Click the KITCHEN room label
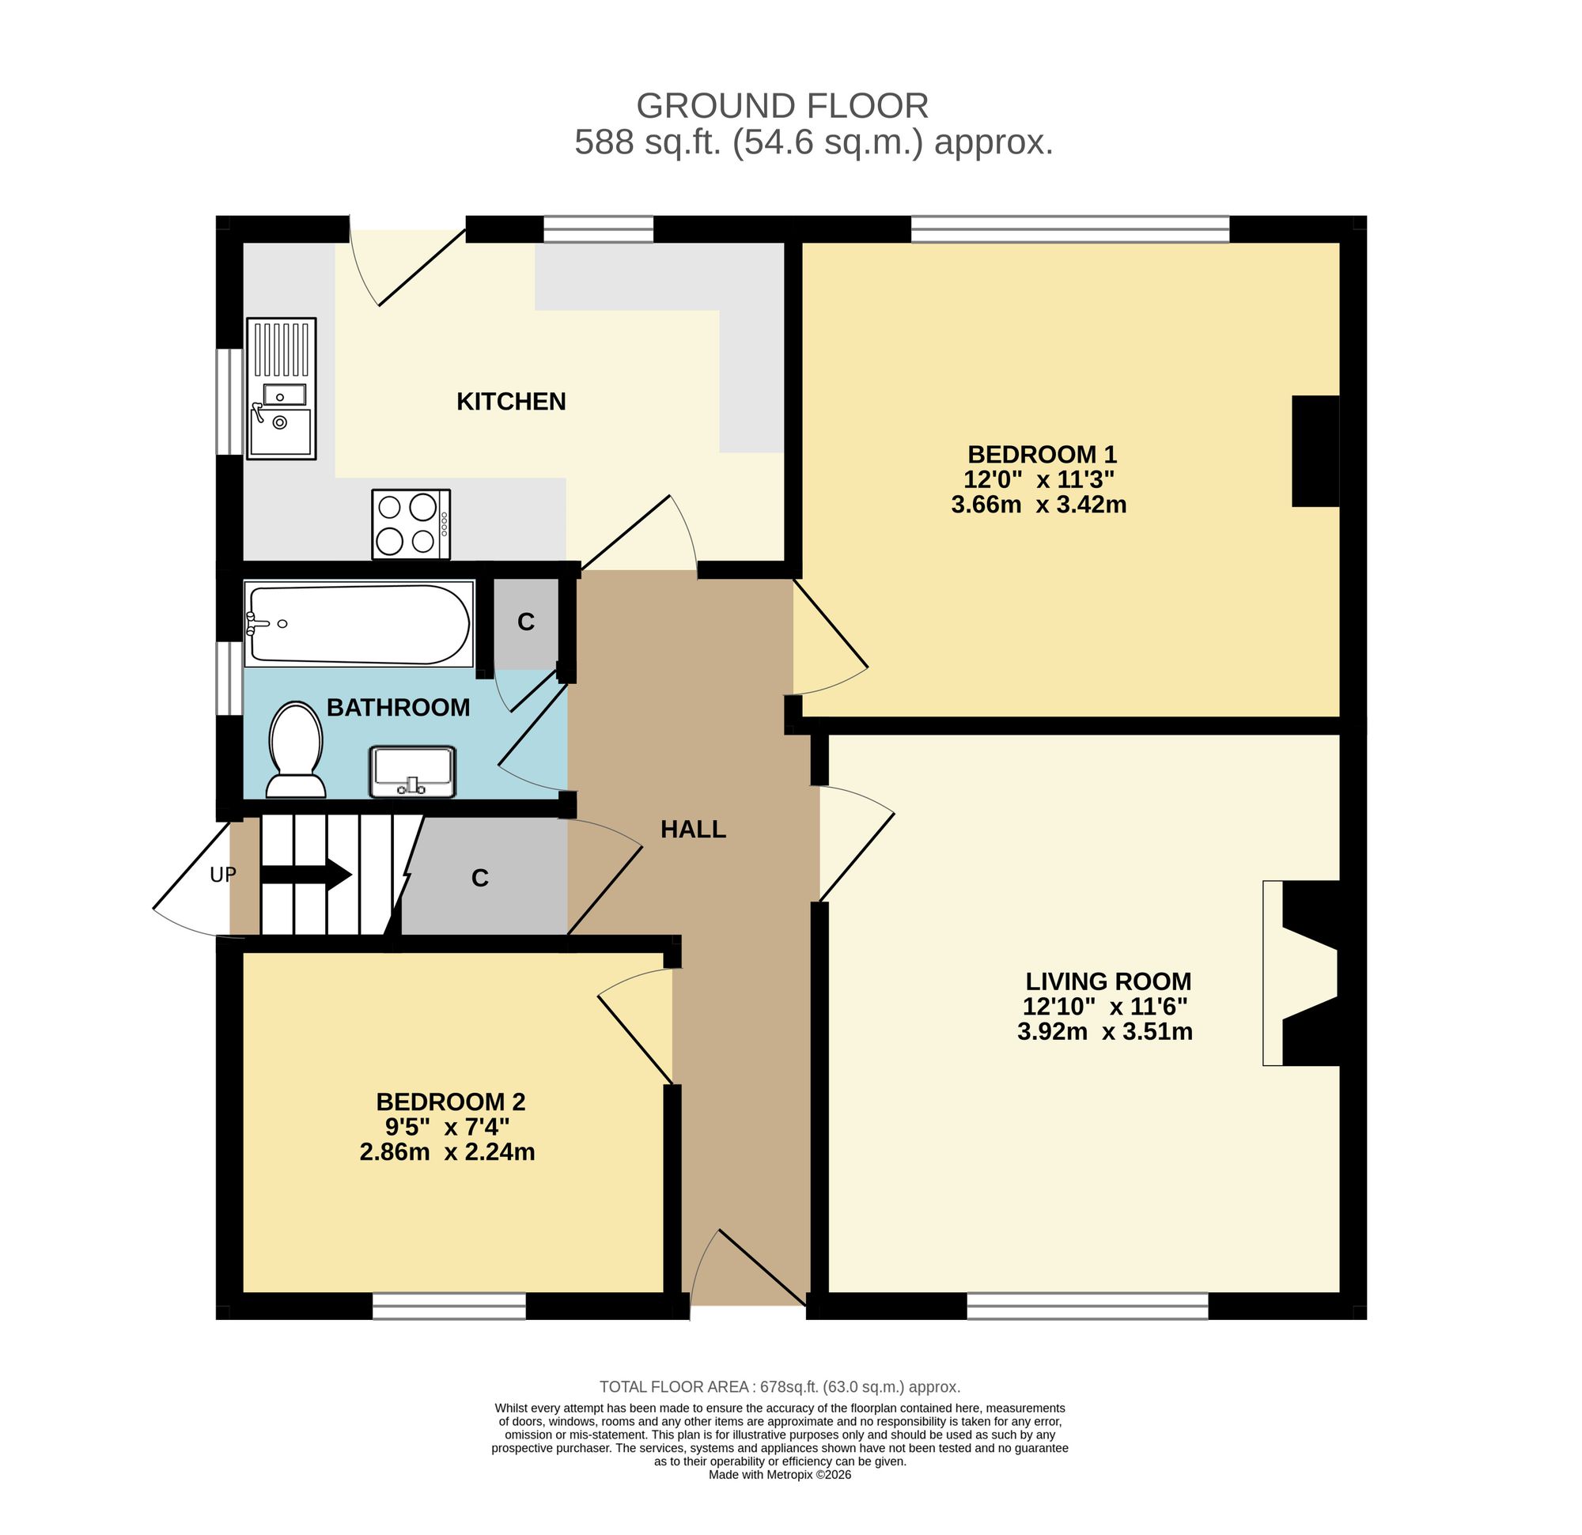point(511,401)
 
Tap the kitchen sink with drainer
point(281,388)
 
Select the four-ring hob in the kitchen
point(411,524)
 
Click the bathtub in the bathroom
point(358,624)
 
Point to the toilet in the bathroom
point(296,750)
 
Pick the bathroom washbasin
point(412,772)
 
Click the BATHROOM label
point(398,708)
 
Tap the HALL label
point(694,829)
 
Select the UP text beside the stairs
point(223,875)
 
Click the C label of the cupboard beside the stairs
point(480,878)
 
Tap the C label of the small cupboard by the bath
point(525,622)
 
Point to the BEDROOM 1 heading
point(1042,454)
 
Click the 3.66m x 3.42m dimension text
point(1039,505)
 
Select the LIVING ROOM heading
point(1108,981)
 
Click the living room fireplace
point(1301,973)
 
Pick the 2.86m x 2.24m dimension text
point(447,1151)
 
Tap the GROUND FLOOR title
point(782,106)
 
